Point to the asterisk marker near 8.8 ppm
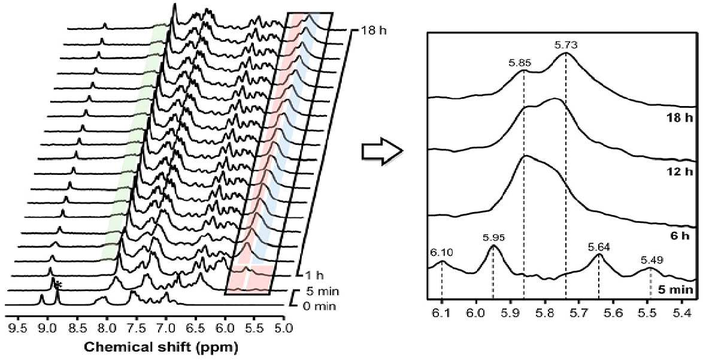(x=59, y=285)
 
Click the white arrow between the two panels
(x=380, y=155)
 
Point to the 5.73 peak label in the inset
(x=565, y=45)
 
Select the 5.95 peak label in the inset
(x=495, y=237)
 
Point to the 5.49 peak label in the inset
(x=650, y=259)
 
